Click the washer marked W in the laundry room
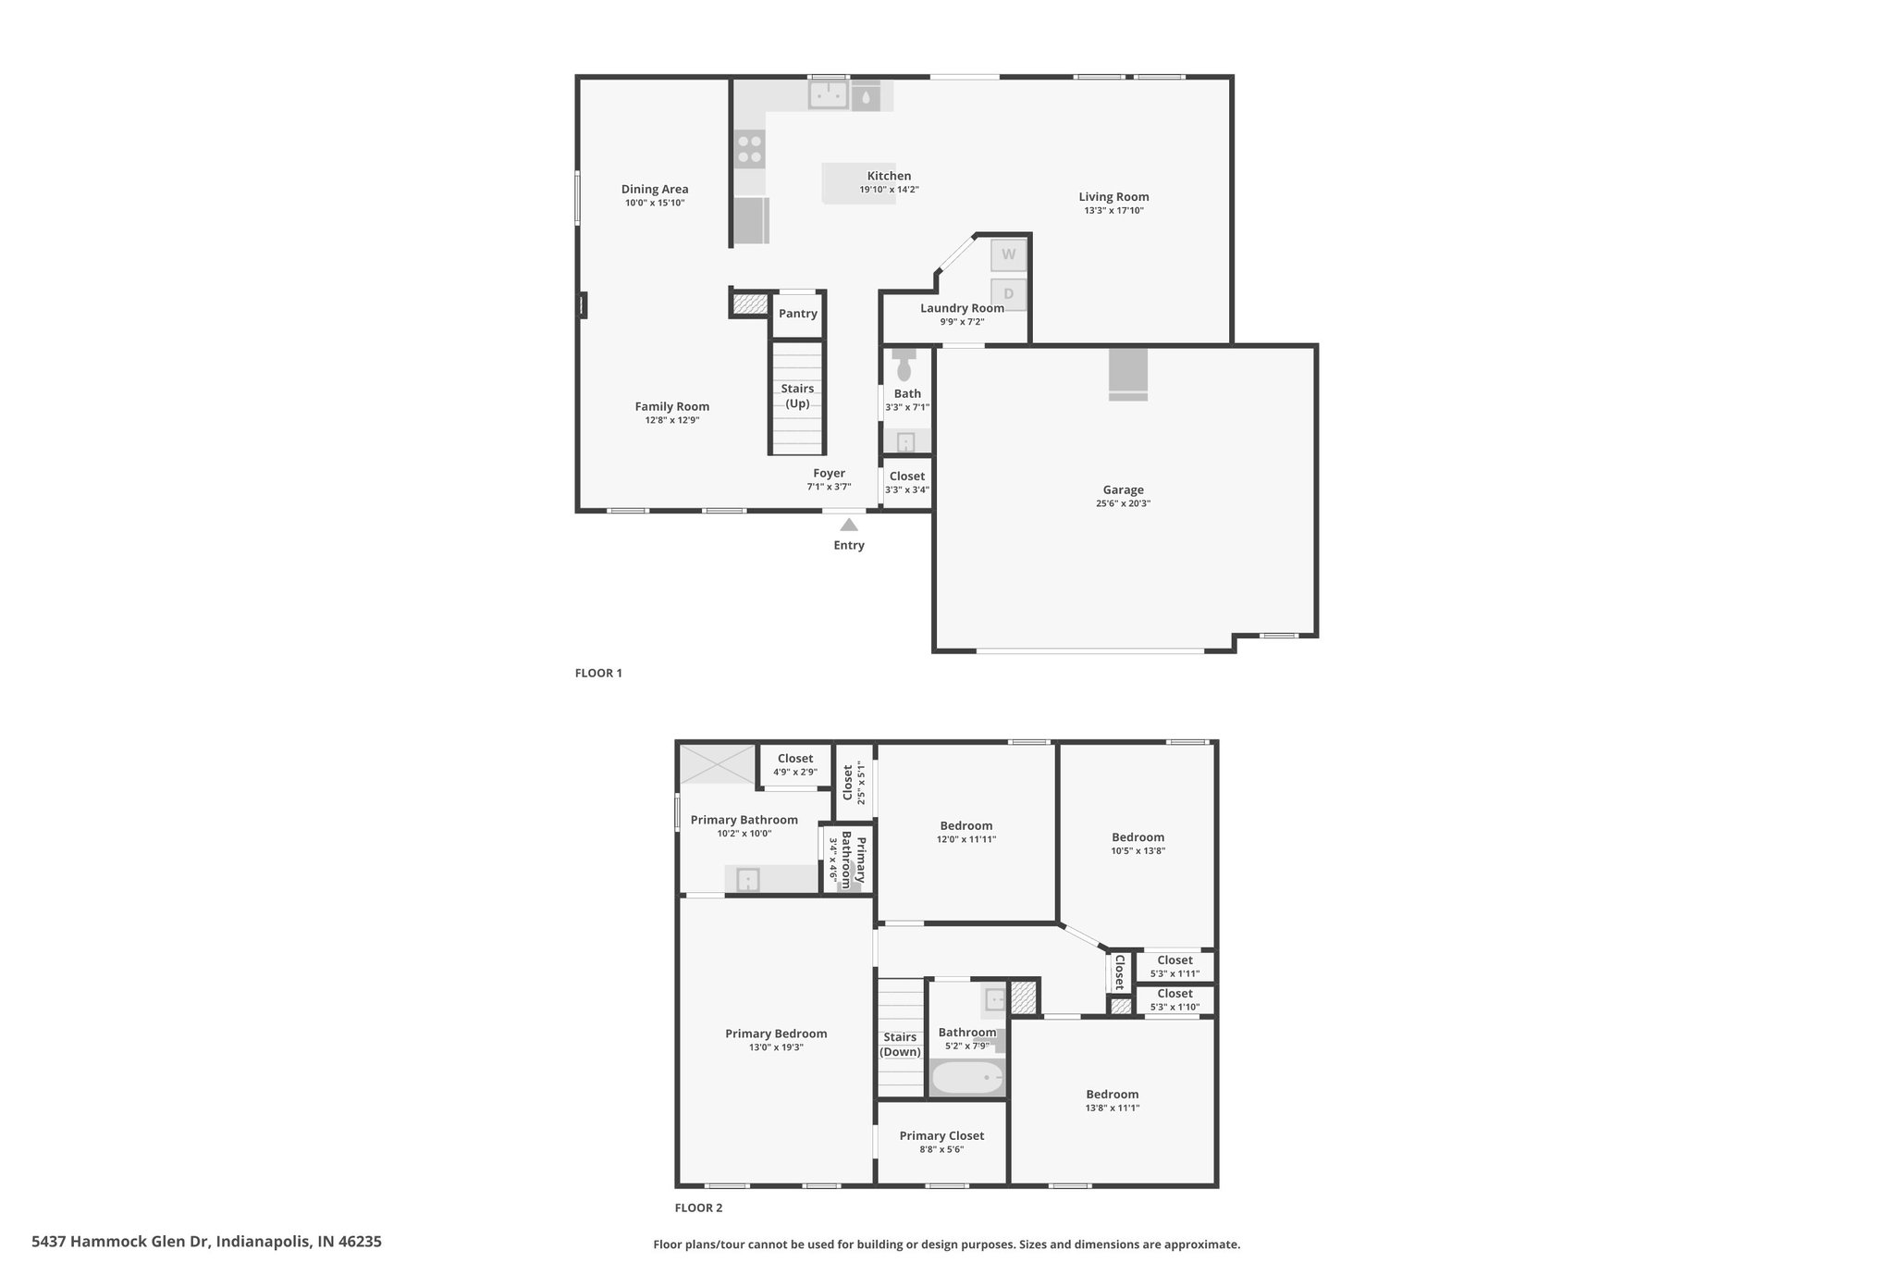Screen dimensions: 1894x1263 click(1008, 254)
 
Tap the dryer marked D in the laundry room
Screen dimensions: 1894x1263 click(1008, 294)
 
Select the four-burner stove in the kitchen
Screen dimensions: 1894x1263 click(750, 150)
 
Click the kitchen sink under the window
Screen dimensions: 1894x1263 click(829, 94)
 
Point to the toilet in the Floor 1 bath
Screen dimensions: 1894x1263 click(904, 365)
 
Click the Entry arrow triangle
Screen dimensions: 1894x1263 click(849, 525)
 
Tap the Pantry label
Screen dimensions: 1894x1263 click(798, 314)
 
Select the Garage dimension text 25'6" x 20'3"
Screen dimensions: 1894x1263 click(1124, 504)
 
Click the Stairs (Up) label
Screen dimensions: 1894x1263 click(797, 396)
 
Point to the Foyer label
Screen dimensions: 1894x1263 click(830, 474)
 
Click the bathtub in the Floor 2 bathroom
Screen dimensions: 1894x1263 click(967, 1078)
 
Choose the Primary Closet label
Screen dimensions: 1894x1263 click(941, 1136)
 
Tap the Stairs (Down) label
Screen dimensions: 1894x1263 click(900, 1045)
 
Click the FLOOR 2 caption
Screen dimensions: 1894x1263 click(698, 1207)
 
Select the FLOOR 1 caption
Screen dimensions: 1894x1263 click(598, 673)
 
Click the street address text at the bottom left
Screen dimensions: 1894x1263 click(206, 1242)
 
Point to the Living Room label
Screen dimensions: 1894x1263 click(1113, 197)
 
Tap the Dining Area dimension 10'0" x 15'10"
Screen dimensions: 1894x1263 click(655, 203)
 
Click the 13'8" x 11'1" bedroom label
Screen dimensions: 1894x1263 click(1113, 1108)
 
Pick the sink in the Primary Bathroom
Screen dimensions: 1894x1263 click(747, 879)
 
